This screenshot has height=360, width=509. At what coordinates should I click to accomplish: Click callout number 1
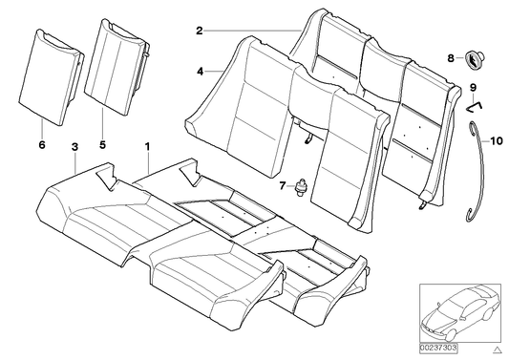pos(147,146)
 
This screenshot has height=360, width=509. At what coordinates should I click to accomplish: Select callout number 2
pos(200,32)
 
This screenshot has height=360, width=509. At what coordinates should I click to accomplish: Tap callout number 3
pos(74,146)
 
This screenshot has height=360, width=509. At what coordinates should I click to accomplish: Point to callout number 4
pos(200,71)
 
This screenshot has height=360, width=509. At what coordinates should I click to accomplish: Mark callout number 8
pos(451,59)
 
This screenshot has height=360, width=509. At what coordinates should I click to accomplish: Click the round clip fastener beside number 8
pos(475,60)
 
